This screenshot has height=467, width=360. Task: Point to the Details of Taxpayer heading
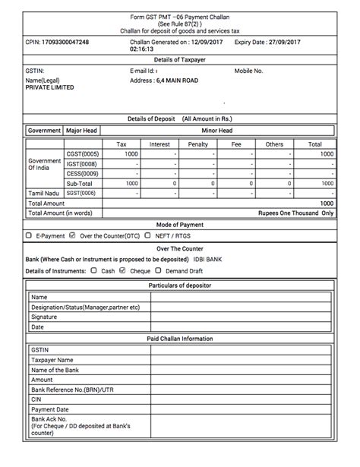point(179,58)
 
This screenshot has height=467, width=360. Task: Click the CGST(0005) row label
point(83,154)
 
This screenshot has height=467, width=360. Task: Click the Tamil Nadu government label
point(44,194)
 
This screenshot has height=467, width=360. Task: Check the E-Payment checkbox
point(29,236)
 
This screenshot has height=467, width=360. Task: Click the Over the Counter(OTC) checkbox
point(72,236)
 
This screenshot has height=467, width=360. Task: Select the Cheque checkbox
point(123,270)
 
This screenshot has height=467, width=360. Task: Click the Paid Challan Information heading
point(179,338)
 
